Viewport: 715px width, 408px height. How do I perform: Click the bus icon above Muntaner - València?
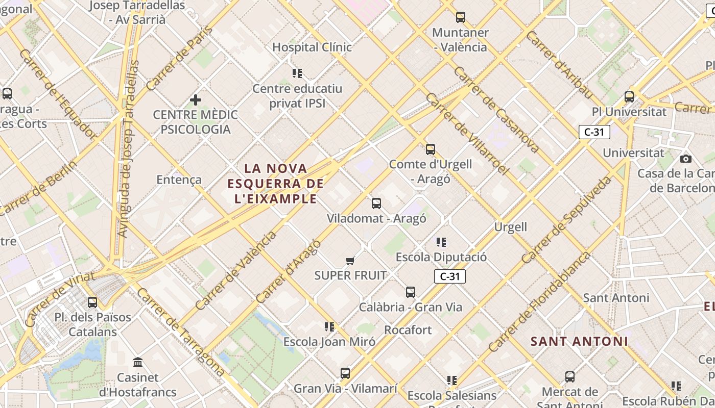click(461, 17)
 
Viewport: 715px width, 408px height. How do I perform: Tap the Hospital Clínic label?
click(312, 47)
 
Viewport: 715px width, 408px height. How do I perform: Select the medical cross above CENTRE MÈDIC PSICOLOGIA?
click(195, 100)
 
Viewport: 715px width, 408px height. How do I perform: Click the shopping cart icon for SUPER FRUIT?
click(350, 261)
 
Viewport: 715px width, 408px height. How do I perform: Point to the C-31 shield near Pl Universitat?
click(594, 132)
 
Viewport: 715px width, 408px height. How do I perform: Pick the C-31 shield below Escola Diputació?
click(450, 276)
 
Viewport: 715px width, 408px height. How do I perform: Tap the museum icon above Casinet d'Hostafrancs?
click(138, 363)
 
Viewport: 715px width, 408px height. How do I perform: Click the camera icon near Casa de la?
click(686, 159)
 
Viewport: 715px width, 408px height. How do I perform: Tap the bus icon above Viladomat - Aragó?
click(376, 203)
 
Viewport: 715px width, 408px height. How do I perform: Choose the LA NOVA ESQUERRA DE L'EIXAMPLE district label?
click(276, 183)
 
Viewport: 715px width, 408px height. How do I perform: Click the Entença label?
click(179, 180)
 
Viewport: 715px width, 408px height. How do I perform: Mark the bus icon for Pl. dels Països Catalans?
click(92, 302)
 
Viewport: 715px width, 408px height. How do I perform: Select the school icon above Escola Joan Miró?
click(329, 326)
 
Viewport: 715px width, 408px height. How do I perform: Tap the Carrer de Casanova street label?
click(496, 110)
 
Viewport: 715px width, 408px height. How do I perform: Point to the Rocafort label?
click(408, 330)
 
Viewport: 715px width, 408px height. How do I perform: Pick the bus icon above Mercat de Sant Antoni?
click(570, 377)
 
